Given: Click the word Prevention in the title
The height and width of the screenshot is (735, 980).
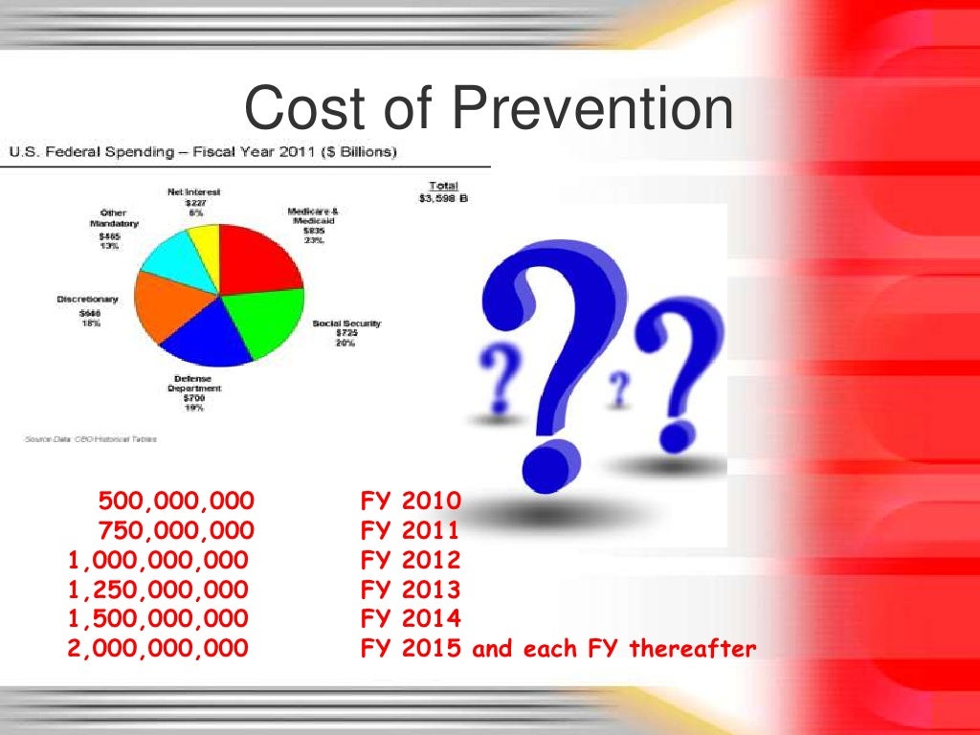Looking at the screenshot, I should [x=592, y=110].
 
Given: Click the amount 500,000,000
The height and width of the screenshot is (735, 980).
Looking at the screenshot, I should [x=176, y=501].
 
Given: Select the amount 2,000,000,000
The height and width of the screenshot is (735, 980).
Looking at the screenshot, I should [x=158, y=649].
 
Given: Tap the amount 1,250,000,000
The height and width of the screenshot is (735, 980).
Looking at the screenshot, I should [x=158, y=590].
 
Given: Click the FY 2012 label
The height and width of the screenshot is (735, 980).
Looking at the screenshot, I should [x=411, y=560].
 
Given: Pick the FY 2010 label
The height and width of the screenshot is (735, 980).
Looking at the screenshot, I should [x=411, y=501].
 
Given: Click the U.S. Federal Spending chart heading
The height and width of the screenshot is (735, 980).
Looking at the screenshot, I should [x=203, y=151].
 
